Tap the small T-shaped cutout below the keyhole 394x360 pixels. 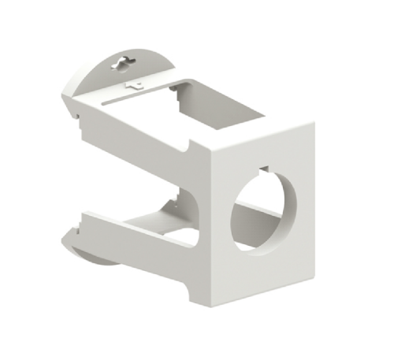134,81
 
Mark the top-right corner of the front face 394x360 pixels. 314,123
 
